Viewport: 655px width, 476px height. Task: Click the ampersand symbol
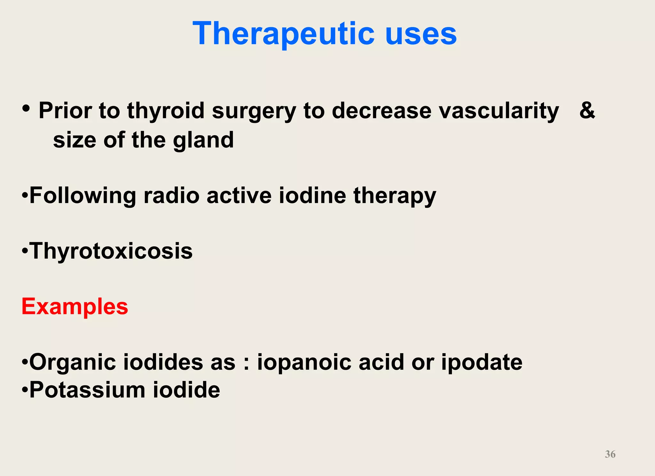tap(587, 110)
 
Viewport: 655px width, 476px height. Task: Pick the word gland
tap(203, 141)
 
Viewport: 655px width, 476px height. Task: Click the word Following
tap(83, 196)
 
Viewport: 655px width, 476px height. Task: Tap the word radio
tap(171, 195)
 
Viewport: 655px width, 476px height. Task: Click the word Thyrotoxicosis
tap(111, 251)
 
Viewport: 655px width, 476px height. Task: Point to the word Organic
tap(72, 363)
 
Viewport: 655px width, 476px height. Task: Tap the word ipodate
tap(482, 363)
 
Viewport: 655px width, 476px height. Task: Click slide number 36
tap(610, 454)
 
